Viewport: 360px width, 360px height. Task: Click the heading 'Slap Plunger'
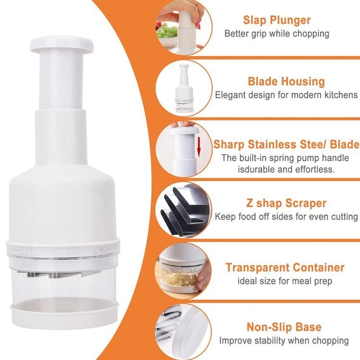pos(276,20)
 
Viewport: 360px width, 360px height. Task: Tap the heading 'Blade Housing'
pos(286,82)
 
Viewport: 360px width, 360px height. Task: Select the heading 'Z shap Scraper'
pos(286,203)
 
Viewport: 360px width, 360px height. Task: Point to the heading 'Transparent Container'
pos(285,267)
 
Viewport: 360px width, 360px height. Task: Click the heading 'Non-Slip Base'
pos(284,327)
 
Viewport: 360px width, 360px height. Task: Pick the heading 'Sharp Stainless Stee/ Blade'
pos(287,144)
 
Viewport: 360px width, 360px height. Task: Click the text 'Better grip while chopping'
pos(276,34)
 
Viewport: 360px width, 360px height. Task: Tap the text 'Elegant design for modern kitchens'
pos(286,95)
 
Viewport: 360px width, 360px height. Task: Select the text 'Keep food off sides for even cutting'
pos(286,216)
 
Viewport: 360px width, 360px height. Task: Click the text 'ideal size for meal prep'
pos(285,281)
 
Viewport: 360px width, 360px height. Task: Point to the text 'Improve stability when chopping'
pos(284,340)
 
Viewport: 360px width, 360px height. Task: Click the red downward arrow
pos(199,148)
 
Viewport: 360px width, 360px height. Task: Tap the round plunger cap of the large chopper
pos(62,44)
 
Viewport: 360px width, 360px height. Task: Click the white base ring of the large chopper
pos(64,312)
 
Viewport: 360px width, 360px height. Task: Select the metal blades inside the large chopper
pos(54,275)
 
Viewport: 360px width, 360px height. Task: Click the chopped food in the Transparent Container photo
pos(179,277)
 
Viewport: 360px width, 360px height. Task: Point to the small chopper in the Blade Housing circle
pos(185,88)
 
